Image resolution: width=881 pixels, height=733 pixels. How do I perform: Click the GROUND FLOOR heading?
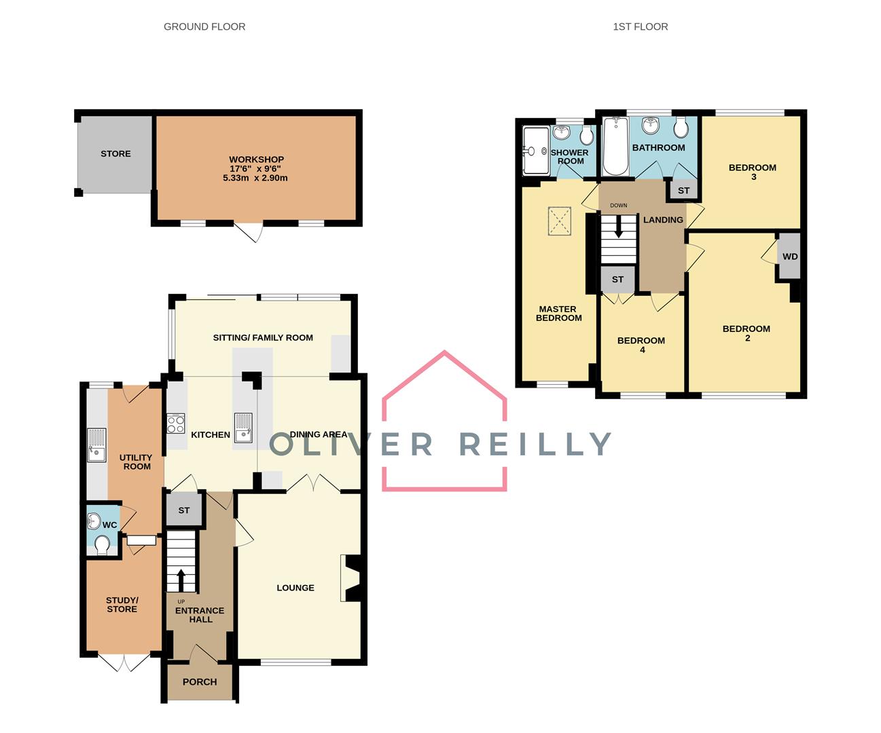(204, 26)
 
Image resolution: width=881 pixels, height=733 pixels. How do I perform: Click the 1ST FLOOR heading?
(640, 26)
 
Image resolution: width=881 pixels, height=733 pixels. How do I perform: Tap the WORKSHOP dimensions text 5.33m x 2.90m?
(255, 178)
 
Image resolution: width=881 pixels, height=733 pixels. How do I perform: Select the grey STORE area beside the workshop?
(115, 154)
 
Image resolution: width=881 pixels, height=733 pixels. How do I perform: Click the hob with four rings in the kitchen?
(176, 424)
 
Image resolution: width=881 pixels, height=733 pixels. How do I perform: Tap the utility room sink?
(96, 445)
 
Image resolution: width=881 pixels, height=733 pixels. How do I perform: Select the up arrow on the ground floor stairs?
(181, 580)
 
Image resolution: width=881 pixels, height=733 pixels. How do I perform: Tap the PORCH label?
(200, 682)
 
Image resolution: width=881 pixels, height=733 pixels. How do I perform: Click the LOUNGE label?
(295, 588)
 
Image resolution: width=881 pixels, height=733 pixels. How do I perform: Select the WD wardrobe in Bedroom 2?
(789, 257)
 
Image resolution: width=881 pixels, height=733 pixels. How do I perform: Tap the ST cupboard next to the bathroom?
(683, 191)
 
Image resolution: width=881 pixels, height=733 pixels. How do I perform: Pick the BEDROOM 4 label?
(641, 345)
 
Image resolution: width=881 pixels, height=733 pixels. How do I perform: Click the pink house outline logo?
(444, 421)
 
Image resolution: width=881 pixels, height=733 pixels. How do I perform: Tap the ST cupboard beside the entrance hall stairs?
(184, 510)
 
